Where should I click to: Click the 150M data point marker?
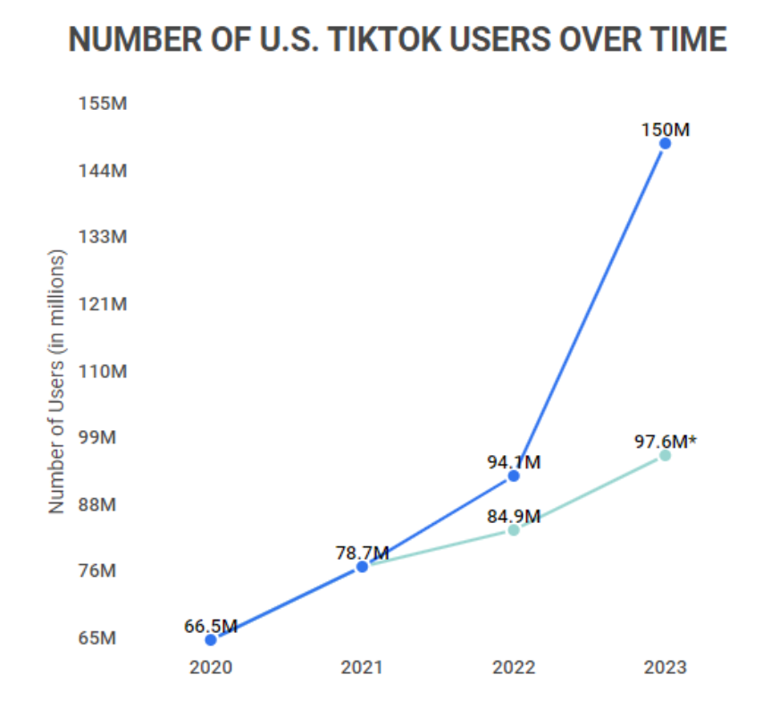665,143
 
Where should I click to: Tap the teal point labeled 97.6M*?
665,455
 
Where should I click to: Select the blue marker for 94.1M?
514,476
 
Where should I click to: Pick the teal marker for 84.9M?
514,529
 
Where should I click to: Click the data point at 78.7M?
362,566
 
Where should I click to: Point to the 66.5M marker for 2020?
211,639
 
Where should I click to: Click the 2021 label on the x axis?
362,668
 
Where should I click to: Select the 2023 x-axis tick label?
665,668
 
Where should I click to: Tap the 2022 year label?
514,668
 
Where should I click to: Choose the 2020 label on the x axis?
211,668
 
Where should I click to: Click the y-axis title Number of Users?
57,381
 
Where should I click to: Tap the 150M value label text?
665,129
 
